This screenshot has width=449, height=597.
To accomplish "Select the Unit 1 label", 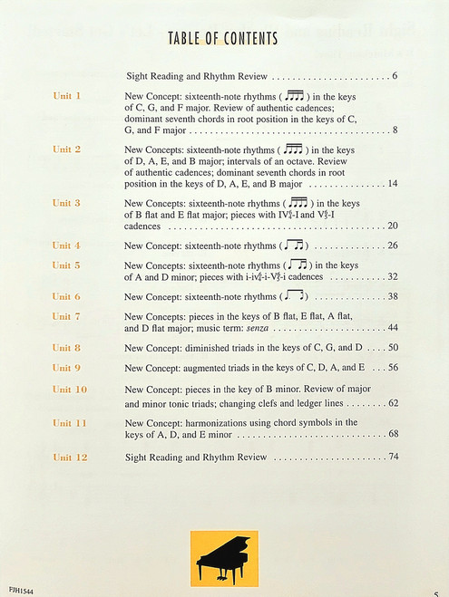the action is pyautogui.click(x=66, y=95).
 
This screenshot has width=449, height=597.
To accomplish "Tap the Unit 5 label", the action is pyautogui.click(x=66, y=265).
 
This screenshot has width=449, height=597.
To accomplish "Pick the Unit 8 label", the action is pyautogui.click(x=66, y=348).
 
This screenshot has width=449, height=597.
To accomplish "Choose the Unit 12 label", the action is pyautogui.click(x=69, y=457).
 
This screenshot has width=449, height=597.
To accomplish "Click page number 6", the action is pyautogui.click(x=395, y=75).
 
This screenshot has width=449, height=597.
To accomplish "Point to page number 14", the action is pyautogui.click(x=393, y=184).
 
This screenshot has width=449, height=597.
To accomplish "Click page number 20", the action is pyautogui.click(x=393, y=226).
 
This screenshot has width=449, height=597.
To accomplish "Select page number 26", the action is pyautogui.click(x=393, y=246).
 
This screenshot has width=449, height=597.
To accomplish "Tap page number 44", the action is pyautogui.click(x=393, y=327).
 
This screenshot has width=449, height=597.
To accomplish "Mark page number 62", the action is pyautogui.click(x=393, y=403).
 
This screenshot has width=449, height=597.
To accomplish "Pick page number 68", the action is pyautogui.click(x=393, y=434).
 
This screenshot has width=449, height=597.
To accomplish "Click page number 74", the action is pyautogui.click(x=393, y=457).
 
